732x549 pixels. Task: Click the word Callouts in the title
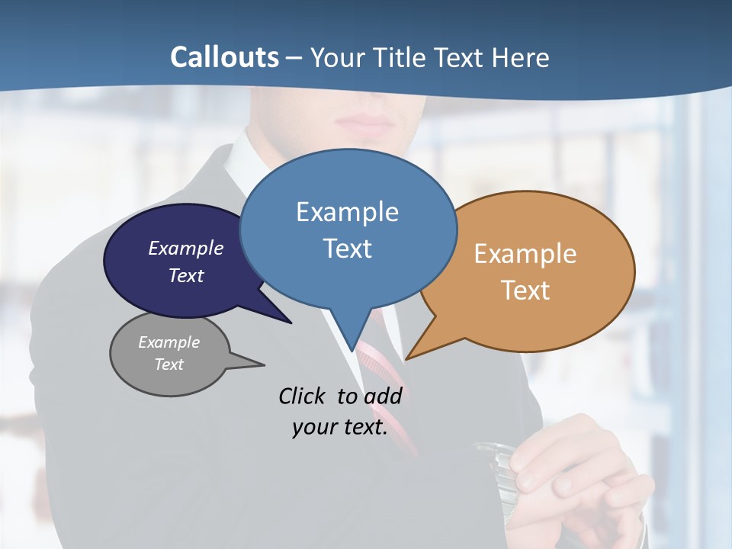click(x=225, y=57)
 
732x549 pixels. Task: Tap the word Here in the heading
click(x=521, y=57)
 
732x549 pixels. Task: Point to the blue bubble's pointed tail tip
click(x=352, y=350)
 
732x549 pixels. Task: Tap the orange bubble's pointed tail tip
click(x=406, y=358)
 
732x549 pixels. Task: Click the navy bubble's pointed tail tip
click(x=291, y=323)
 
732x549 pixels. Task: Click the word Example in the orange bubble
click(x=525, y=254)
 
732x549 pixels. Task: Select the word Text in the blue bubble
click(x=348, y=249)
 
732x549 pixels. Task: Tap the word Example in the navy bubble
click(x=186, y=248)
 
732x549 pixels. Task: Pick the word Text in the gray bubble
click(x=169, y=364)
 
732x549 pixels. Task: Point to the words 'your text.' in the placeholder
click(x=340, y=427)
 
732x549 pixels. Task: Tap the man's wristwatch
click(x=492, y=465)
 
